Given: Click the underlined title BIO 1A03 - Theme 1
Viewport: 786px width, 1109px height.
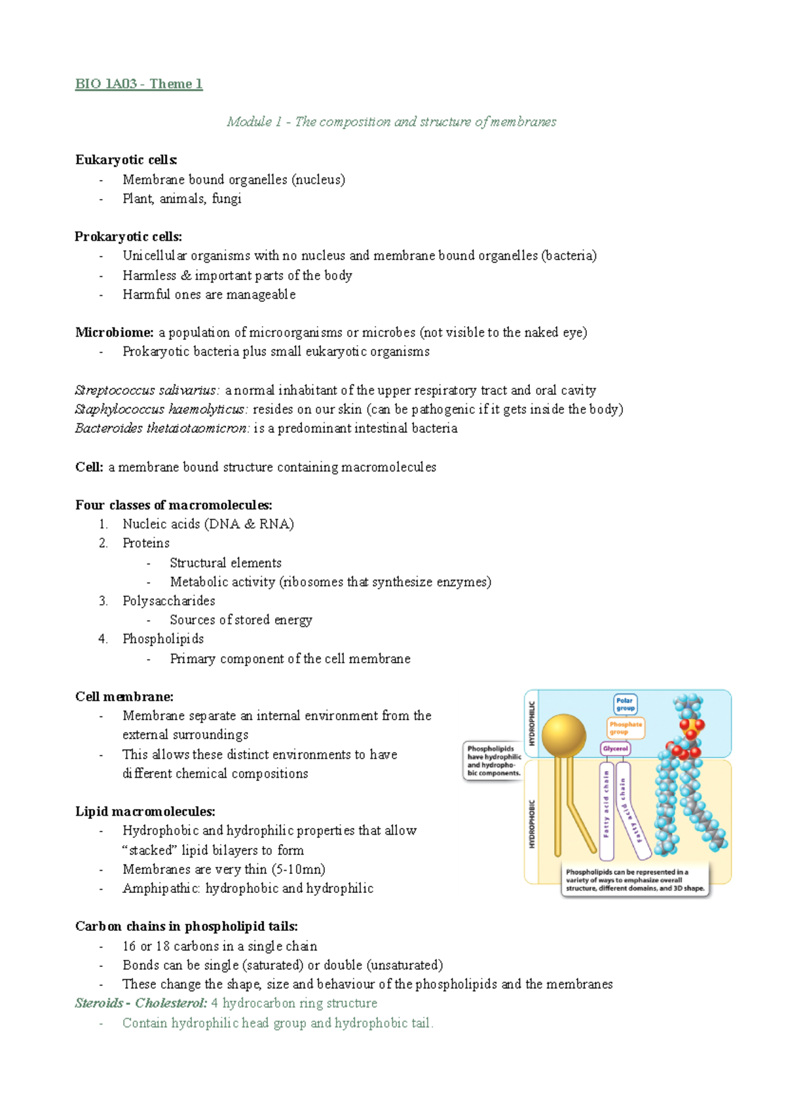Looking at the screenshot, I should (139, 84).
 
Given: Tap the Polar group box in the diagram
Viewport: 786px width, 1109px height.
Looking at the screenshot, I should (625, 704).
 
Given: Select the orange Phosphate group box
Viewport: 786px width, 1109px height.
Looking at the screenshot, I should (626, 728).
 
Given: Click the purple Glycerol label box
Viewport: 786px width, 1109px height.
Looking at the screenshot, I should (615, 748).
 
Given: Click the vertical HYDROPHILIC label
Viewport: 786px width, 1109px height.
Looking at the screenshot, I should (532, 723).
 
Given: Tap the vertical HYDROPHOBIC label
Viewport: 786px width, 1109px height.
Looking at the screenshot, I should (532, 824).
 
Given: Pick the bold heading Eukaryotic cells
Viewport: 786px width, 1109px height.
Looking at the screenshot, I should (126, 160).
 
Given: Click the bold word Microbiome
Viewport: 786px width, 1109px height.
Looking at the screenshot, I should (114, 333).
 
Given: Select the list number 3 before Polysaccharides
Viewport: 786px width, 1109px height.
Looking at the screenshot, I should (103, 601).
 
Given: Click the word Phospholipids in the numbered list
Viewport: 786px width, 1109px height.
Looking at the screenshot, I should (163, 639).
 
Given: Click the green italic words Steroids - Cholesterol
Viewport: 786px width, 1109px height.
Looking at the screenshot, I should (141, 1003).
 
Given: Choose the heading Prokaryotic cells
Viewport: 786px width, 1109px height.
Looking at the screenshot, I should (128, 236).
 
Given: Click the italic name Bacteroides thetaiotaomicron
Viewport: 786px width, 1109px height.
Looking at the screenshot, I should (162, 428).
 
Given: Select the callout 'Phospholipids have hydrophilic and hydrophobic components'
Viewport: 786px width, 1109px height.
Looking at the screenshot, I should (493, 761).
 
